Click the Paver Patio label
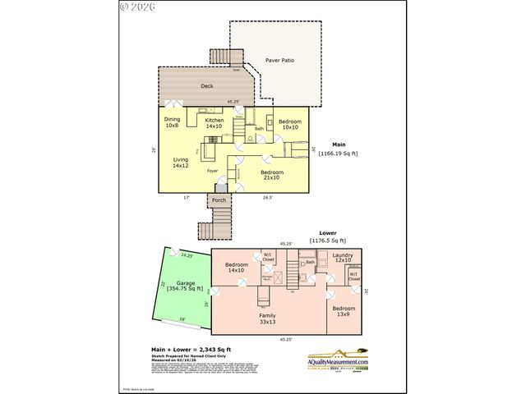point(279,61)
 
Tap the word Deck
point(208,85)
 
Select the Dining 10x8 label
point(172,123)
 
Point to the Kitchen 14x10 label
point(215,123)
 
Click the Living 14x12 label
point(181,163)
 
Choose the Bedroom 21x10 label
point(270,175)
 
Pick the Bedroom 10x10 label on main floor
point(289,124)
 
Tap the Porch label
point(219,200)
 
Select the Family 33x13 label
point(267,318)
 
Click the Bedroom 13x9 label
point(344,311)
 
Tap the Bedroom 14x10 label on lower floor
point(237,268)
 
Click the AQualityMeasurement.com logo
point(338,362)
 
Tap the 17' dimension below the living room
point(186,198)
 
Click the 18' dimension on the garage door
point(182,320)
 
